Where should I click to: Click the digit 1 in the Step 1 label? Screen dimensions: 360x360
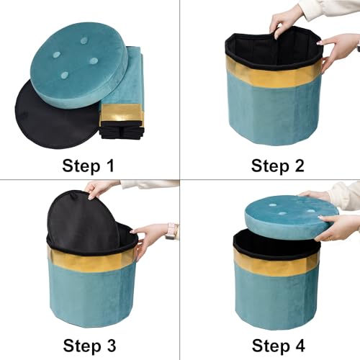[x=110, y=166]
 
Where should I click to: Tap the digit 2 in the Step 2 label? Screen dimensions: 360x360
[x=299, y=166]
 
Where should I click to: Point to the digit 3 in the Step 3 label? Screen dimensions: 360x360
[x=111, y=346]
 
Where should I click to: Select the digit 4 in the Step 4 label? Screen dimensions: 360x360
[x=300, y=346]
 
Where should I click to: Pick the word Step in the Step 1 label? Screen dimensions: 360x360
[x=81, y=166]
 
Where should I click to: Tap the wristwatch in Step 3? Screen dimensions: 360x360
[x=171, y=231]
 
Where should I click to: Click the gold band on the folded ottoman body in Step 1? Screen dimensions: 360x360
[x=122, y=113]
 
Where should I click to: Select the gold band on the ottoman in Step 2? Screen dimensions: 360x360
[x=274, y=74]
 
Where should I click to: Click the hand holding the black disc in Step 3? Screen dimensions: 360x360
[x=101, y=189]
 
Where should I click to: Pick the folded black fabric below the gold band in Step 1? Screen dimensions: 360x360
[x=122, y=130]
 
